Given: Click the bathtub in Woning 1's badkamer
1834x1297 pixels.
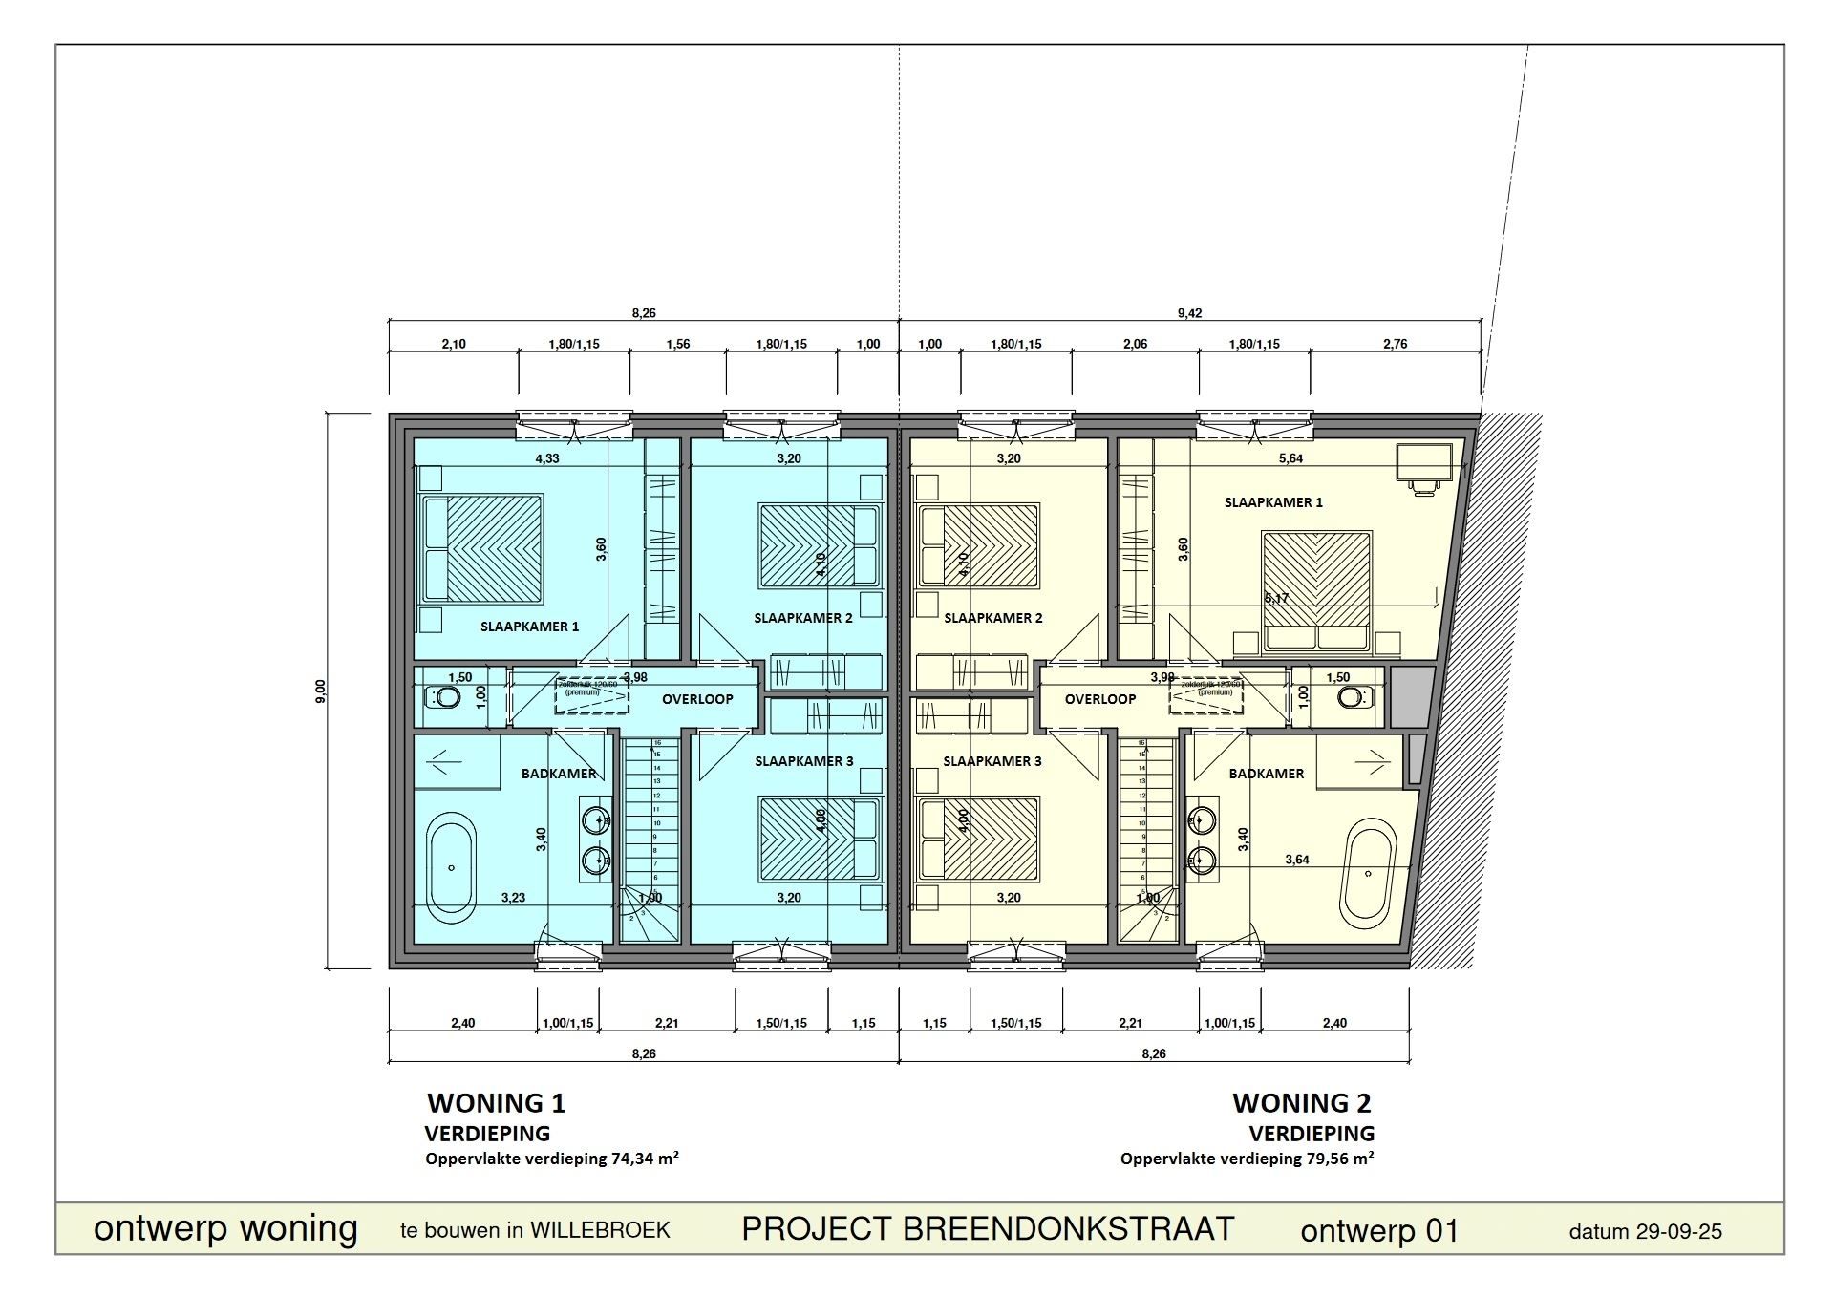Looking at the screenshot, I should tap(451, 867).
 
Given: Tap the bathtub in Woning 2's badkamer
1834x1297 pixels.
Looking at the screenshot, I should tap(1369, 873).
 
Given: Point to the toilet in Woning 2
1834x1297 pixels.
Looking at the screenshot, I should tap(1351, 698).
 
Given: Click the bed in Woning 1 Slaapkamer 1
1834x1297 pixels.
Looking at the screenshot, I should tap(483, 549).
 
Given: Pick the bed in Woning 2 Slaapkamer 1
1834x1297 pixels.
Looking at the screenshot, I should tap(1317, 592).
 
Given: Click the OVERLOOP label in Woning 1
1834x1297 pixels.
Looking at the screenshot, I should tap(697, 699).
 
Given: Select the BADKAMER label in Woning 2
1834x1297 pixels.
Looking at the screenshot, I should tap(1266, 774).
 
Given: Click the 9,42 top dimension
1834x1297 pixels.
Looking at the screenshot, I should tap(1189, 313).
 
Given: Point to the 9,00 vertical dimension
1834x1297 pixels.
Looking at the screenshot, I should tap(321, 691).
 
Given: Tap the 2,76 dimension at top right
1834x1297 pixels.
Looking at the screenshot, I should tap(1395, 344).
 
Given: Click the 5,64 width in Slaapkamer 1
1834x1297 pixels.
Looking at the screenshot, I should tap(1290, 458).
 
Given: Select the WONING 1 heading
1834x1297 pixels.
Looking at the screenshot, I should tap(496, 1103).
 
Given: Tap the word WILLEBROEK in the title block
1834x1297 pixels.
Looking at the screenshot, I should tap(600, 1230).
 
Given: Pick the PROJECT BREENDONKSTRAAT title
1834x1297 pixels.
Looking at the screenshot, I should tap(988, 1229).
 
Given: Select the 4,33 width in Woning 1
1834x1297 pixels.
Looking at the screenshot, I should tap(547, 458).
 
